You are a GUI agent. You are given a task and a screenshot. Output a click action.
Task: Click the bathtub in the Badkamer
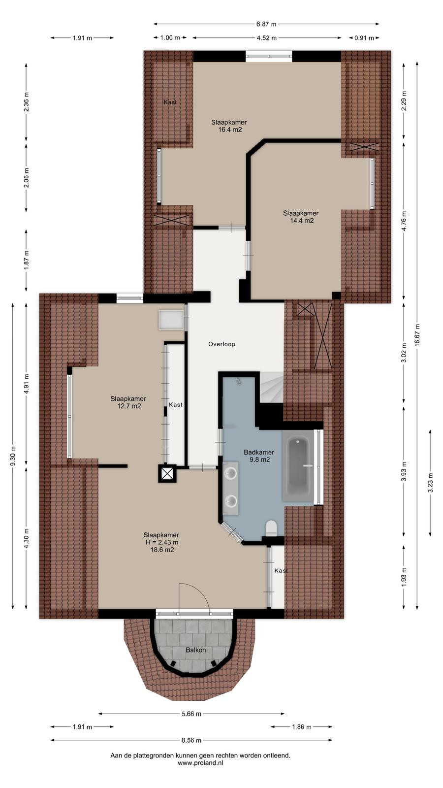pyautogui.click(x=298, y=467)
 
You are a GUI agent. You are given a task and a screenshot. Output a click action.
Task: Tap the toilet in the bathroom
pyautogui.click(x=271, y=528)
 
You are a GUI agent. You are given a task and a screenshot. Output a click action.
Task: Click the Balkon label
pyautogui.click(x=196, y=650)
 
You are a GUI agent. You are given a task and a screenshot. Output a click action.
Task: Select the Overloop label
pyautogui.click(x=221, y=344)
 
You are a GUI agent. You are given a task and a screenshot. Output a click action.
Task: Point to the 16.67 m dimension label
pyautogui.click(x=417, y=335)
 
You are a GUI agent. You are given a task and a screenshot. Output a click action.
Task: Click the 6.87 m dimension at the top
pyautogui.click(x=266, y=24)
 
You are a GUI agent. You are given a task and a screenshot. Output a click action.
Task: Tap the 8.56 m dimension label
pyautogui.click(x=191, y=740)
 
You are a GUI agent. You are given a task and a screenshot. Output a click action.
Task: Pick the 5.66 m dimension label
pyautogui.click(x=191, y=714)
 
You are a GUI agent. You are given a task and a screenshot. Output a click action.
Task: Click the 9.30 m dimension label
pyautogui.click(x=13, y=456)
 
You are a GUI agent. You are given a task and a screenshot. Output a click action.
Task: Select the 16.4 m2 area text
pyautogui.click(x=230, y=130)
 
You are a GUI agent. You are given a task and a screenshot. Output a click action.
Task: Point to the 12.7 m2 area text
pyautogui.click(x=129, y=406)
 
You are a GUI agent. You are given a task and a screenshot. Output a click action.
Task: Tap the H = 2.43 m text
pyautogui.click(x=162, y=542)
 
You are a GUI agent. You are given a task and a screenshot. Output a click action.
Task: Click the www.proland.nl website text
pyautogui.click(x=200, y=763)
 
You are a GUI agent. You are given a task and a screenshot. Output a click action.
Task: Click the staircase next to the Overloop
pyautogui.click(x=271, y=387)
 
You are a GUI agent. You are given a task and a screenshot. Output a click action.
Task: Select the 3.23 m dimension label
pyautogui.click(x=430, y=483)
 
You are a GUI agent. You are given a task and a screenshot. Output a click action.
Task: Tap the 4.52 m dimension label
pyautogui.click(x=266, y=38)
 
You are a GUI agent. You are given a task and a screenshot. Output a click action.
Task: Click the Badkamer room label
pyautogui.click(x=259, y=452)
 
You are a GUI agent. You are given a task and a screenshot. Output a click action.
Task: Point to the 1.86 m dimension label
pyautogui.click(x=302, y=727)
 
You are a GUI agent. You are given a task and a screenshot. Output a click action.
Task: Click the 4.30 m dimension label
pyautogui.click(x=27, y=538)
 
